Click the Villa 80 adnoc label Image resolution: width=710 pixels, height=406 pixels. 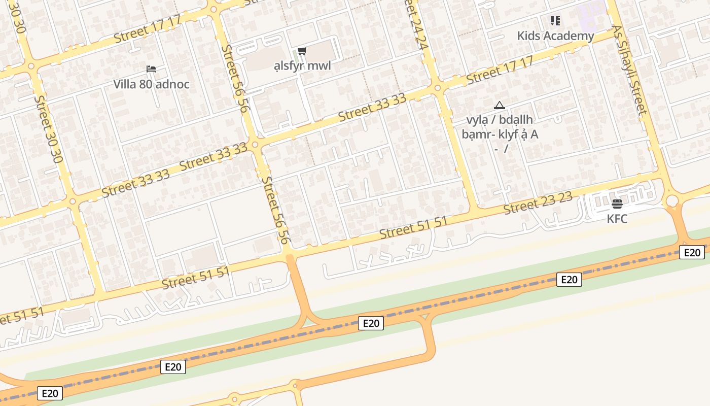[151, 84]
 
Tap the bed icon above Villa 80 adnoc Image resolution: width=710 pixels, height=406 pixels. [151, 69]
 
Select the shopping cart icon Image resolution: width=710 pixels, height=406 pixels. [302, 51]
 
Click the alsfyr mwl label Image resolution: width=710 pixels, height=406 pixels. [302, 66]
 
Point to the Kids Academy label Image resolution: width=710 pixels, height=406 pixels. [555, 36]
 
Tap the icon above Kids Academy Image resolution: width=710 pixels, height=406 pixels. [555, 21]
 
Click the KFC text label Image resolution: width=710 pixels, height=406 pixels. [617, 219]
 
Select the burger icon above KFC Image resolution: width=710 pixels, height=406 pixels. [617, 204]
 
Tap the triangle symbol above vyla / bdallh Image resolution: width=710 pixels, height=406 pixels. [500, 106]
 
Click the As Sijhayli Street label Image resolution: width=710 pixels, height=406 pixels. [630, 71]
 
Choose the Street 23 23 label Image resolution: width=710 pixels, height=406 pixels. [538, 203]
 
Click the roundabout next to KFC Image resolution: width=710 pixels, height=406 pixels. [672, 201]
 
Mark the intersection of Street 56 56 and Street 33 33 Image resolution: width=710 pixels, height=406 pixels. [255, 145]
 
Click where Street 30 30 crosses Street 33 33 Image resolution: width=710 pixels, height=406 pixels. [73, 201]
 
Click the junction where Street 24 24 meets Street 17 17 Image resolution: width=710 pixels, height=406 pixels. [438, 87]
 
